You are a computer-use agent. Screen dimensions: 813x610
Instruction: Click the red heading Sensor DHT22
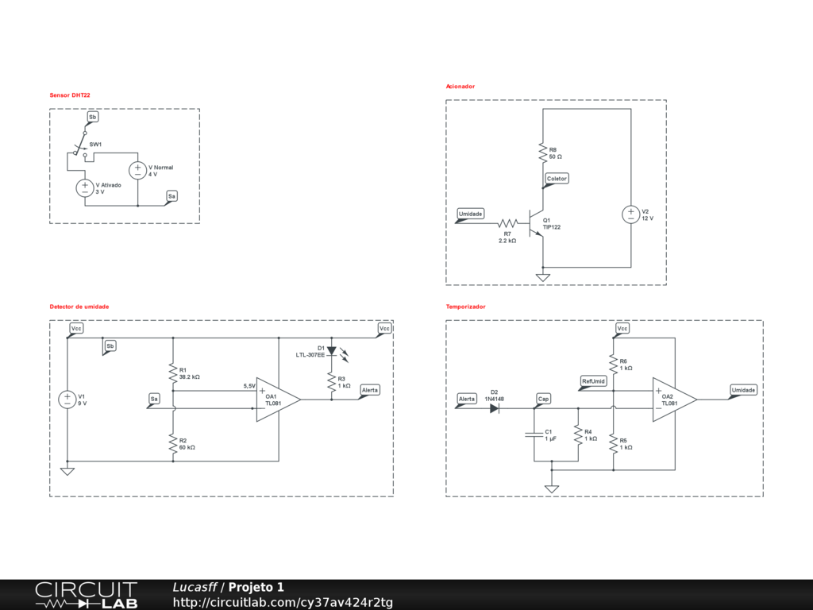point(70,95)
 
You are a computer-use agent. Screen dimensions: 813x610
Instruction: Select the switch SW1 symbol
point(79,148)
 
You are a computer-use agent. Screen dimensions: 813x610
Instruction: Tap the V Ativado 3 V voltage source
point(85,188)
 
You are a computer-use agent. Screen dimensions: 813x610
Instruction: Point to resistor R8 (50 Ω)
point(542,152)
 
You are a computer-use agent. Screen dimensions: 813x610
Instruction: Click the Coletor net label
point(557,179)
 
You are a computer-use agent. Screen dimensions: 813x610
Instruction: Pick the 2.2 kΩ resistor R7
point(507,224)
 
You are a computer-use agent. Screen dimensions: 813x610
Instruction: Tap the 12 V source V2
point(630,214)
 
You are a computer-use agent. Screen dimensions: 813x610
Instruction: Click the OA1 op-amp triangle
point(276,400)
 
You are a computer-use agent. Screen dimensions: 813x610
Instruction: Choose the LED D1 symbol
point(332,350)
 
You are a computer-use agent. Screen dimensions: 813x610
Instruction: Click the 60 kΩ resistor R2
point(172,444)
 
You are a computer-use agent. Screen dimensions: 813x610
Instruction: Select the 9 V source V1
point(67,400)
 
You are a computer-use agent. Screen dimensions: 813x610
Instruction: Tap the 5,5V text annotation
point(249,386)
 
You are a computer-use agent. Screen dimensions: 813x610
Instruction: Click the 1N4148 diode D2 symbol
point(495,408)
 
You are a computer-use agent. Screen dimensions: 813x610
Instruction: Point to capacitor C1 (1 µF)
point(533,434)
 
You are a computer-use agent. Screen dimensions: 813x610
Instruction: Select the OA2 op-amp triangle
point(673,400)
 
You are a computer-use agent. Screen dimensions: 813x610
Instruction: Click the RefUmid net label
point(593,381)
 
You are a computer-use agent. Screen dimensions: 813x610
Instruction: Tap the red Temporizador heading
point(465,307)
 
